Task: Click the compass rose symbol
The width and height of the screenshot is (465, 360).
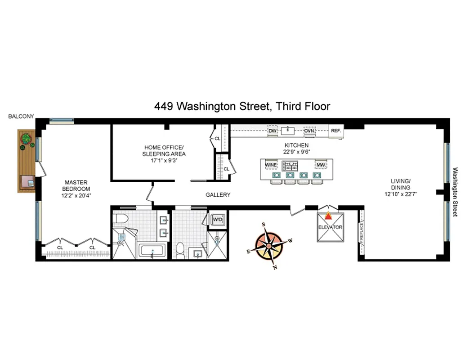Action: tap(269, 246)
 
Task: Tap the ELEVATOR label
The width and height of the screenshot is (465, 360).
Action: tap(330, 227)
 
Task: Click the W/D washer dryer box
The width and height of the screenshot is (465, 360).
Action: tap(218, 219)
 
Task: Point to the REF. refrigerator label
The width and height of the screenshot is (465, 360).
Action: tap(336, 131)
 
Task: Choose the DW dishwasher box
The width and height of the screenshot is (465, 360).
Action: tap(272, 131)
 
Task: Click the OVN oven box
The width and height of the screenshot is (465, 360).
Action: tap(309, 131)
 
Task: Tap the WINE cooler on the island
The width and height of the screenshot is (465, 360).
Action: tap(271, 165)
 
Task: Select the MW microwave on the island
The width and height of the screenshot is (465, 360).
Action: tap(320, 165)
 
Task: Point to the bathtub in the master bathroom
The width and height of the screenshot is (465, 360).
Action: tap(153, 250)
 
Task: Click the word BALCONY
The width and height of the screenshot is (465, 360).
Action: tap(21, 116)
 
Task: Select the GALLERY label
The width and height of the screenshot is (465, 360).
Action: tap(218, 195)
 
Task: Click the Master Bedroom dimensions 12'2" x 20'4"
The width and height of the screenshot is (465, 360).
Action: tap(76, 195)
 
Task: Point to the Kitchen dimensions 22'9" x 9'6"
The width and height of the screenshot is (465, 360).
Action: tap(296, 152)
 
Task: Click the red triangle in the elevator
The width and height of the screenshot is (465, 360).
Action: tap(330, 215)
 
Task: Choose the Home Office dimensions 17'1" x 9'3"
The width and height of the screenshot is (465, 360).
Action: tap(164, 160)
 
